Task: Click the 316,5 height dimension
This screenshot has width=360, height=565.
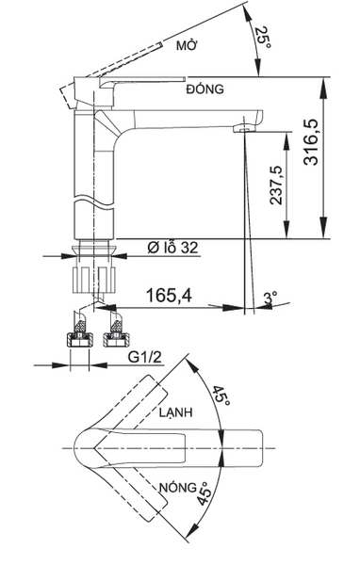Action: tap(311, 141)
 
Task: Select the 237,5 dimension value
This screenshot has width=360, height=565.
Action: tap(276, 186)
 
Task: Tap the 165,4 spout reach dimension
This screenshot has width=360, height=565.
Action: tap(170, 295)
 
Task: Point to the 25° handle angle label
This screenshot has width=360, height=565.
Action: tap(263, 38)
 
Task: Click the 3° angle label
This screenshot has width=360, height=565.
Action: tap(270, 299)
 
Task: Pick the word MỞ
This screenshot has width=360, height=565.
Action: tap(187, 45)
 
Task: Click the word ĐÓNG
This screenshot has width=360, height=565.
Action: tap(205, 89)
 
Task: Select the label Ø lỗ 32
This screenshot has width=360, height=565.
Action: tap(172, 248)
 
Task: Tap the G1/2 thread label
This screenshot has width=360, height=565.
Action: tap(145, 358)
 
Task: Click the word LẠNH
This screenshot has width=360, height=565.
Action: tap(176, 412)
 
